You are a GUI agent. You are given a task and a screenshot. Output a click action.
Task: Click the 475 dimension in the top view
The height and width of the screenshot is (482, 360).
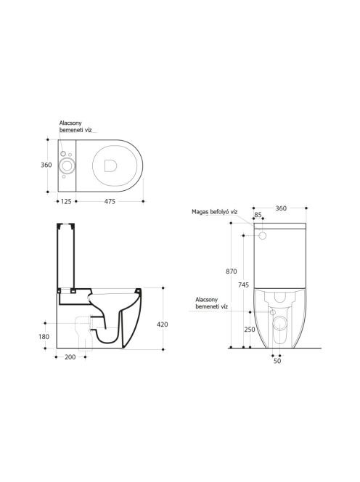point(110,201)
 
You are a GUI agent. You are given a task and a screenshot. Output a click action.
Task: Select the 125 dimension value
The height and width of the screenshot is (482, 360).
point(66,201)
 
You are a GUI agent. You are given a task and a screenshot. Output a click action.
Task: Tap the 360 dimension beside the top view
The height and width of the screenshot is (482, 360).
point(46,165)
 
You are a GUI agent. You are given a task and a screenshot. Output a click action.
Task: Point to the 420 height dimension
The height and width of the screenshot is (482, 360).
point(163,324)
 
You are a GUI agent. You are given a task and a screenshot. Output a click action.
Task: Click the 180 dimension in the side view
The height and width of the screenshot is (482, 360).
point(44,337)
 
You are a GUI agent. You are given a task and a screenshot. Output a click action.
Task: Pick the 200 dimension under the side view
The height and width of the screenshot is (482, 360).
point(70,357)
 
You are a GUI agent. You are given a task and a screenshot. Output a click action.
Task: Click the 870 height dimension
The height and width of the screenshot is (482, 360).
point(232,271)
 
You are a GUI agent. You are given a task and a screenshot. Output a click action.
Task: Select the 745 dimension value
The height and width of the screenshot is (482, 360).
point(243,285)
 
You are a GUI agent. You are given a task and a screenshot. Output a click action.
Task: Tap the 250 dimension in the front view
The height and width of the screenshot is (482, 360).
point(250,330)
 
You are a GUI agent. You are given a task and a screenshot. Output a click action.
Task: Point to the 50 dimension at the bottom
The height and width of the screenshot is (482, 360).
point(277,361)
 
